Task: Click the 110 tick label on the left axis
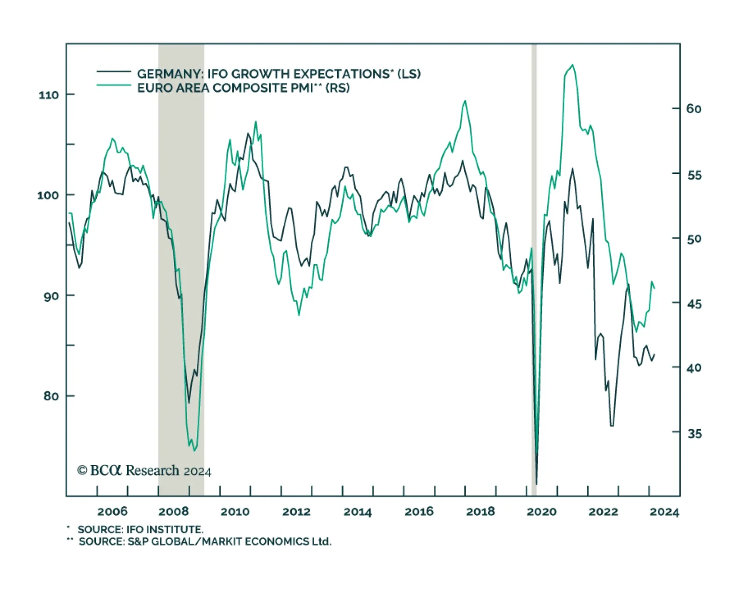pyautogui.click(x=49, y=95)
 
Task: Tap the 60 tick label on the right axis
pyautogui.click(x=694, y=109)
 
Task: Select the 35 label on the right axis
pyautogui.click(x=694, y=433)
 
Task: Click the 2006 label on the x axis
pyautogui.click(x=112, y=511)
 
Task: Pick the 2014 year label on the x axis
pyautogui.click(x=358, y=511)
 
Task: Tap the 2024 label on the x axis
pyautogui.click(x=664, y=511)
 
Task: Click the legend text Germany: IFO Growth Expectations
pyautogui.click(x=279, y=74)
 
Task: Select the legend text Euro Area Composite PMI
pyautogui.click(x=243, y=88)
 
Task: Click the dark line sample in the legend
pyautogui.click(x=114, y=72)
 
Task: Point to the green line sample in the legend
pyautogui.click(x=114, y=85)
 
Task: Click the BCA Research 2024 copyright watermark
pyautogui.click(x=144, y=470)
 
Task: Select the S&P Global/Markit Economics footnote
pyautogui.click(x=205, y=542)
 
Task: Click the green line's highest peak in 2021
pyautogui.click(x=573, y=65)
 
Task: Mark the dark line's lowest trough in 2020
pyautogui.click(x=536, y=484)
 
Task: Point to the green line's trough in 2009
pyautogui.click(x=194, y=451)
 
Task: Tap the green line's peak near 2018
pyautogui.click(x=465, y=101)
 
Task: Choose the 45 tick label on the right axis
pyautogui.click(x=694, y=304)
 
